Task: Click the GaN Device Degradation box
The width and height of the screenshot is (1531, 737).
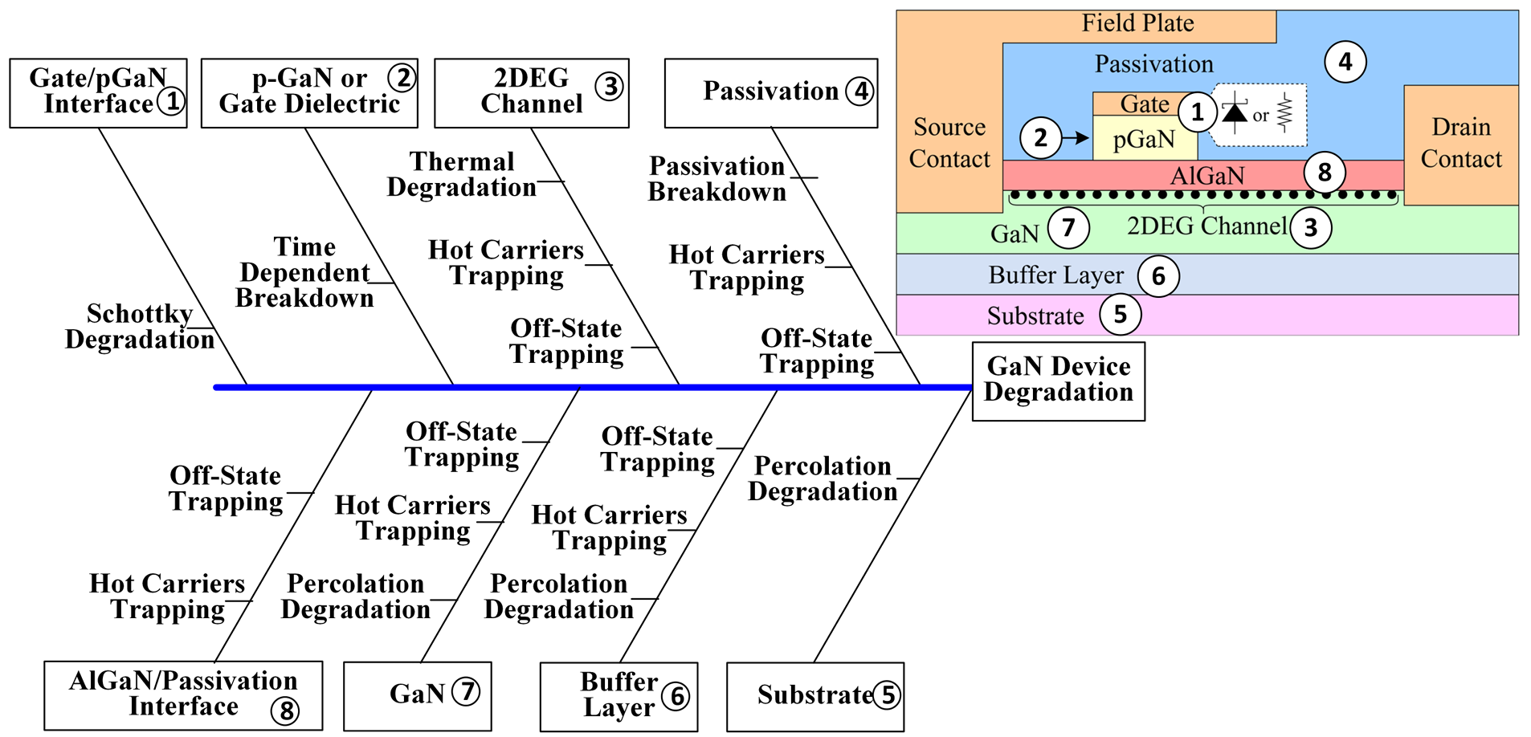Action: pos(1058,381)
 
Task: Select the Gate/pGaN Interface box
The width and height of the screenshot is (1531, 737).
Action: pos(98,92)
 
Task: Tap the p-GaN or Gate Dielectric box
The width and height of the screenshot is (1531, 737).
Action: pos(309,92)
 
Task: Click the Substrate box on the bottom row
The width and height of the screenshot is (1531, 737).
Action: pos(814,696)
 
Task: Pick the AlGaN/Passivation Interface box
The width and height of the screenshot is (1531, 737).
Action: pos(183,695)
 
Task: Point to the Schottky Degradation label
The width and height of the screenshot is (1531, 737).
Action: pos(140,327)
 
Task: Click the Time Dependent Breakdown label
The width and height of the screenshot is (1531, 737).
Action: pos(304,273)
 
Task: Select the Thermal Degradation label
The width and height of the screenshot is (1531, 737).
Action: pos(462,174)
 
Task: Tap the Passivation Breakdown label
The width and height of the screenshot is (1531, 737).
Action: pos(717,179)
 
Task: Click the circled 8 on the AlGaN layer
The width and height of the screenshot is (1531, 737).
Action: pos(1325,172)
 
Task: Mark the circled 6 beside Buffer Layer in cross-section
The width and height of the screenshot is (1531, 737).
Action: pos(1158,276)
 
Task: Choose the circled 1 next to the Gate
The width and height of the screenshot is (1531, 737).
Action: pos(1197,112)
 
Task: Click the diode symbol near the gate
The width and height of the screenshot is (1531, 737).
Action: pos(1235,112)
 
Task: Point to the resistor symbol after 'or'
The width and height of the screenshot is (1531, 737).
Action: pos(1284,113)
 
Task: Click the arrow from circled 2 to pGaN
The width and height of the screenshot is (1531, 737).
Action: pos(1076,138)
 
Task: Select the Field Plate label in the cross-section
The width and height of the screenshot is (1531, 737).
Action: pos(1137,23)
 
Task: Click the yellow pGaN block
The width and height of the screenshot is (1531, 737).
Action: pos(1144,140)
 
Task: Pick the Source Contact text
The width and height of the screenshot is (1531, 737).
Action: pos(949,143)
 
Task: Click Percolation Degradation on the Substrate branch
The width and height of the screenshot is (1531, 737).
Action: pos(823,479)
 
